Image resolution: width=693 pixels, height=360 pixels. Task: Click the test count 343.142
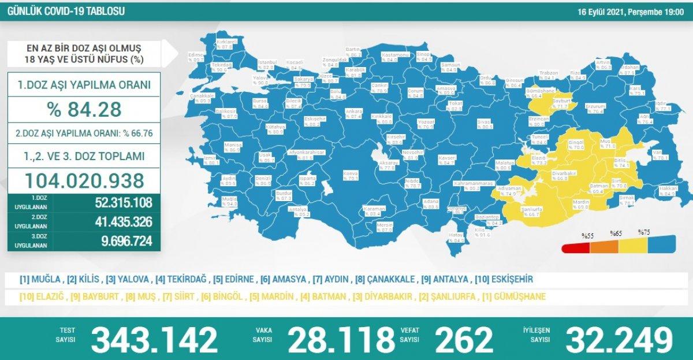[154, 339]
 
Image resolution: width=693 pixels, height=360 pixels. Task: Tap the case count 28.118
[338, 339]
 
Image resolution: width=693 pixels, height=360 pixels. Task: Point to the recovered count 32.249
[620, 339]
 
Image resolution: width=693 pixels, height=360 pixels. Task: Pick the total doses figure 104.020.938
[84, 181]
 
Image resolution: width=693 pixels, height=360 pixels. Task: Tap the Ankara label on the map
[353, 111]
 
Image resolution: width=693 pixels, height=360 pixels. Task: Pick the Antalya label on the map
[297, 209]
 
